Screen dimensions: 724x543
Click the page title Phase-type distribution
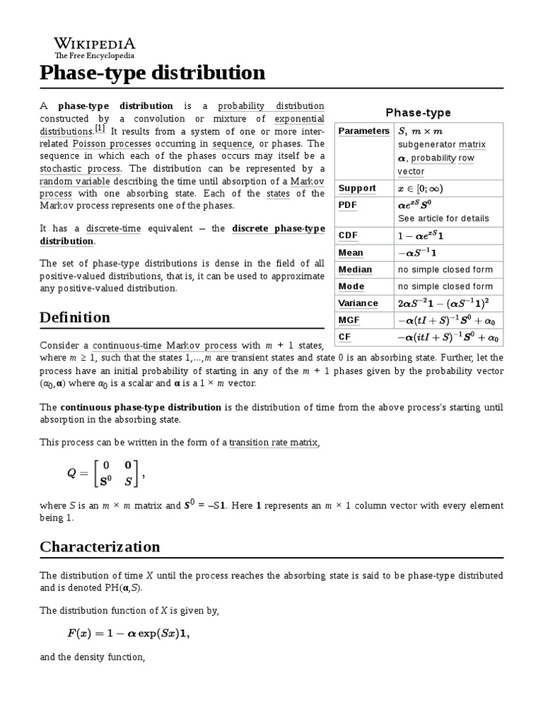152,73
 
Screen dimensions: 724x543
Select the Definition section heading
75,317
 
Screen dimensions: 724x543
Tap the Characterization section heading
100,547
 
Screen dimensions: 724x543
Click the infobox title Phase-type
418,112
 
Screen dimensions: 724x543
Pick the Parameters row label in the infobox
363,131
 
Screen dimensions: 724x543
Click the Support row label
357,188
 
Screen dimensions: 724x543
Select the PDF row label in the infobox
349,205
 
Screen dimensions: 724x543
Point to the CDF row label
349,235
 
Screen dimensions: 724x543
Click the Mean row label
351,252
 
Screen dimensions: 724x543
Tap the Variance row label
358,303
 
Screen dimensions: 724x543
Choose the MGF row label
349,320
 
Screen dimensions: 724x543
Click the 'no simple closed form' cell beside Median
445,269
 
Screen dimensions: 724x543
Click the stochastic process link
81,168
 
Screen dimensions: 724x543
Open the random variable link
71,181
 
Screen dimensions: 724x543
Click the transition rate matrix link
274,443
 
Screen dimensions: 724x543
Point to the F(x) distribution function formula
128,633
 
